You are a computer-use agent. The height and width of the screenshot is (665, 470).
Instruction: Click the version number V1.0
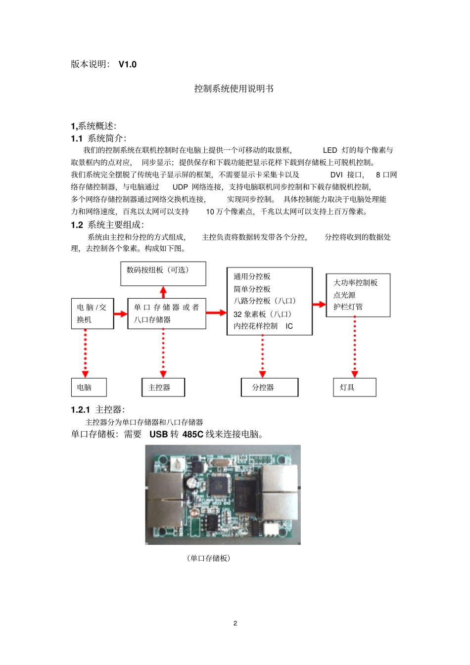pos(127,64)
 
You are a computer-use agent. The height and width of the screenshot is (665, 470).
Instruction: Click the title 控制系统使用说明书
pos(234,89)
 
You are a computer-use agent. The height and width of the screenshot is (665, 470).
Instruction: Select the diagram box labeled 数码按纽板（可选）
pos(163,273)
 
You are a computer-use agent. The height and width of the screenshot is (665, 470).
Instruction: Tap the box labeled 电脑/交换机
pos(93,313)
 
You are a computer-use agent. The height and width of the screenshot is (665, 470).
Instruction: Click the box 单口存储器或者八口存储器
pos(166,313)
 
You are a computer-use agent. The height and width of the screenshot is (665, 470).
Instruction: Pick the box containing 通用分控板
pos(269,301)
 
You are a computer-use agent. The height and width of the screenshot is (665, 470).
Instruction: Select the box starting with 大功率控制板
pos(358,295)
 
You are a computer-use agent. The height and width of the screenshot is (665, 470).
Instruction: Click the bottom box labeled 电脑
pos(89,387)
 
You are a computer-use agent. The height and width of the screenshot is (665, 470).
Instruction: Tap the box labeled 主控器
pos(163,387)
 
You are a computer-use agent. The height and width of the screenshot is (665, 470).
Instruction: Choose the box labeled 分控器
pos(269,387)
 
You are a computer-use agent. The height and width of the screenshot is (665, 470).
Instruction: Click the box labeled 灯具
pos(354,387)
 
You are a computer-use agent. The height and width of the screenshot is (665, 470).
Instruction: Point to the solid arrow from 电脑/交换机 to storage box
pos(121,313)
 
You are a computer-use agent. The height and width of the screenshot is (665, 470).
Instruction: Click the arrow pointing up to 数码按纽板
pos(163,292)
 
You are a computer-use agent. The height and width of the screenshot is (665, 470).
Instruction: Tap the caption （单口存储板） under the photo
pos(209,558)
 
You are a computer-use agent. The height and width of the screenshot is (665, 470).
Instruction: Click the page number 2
pos(235,623)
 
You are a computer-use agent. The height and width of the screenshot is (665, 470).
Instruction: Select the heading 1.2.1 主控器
pos(97,409)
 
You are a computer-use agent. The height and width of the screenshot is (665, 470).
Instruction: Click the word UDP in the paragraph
pos(180,187)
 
